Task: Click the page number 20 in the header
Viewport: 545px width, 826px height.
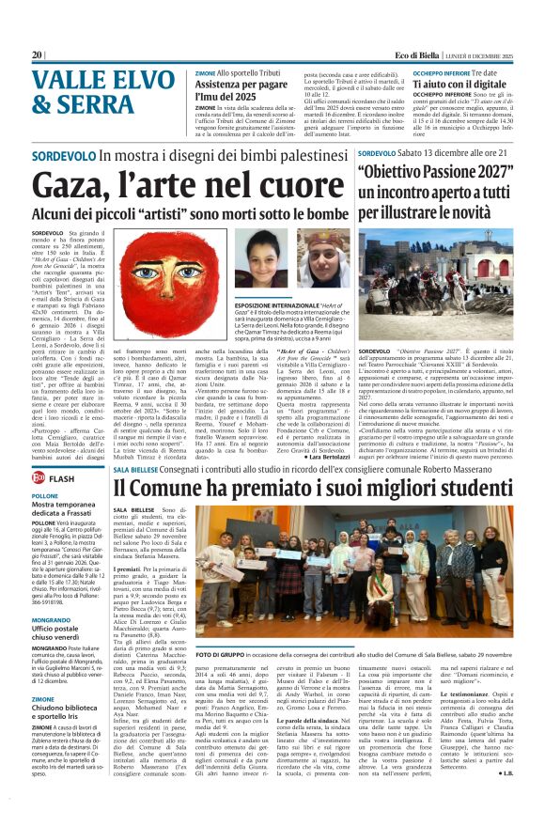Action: [x=37, y=55]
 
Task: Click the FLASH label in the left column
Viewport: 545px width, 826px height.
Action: [x=62, y=478]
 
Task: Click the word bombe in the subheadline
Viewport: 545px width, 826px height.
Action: [x=323, y=213]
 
